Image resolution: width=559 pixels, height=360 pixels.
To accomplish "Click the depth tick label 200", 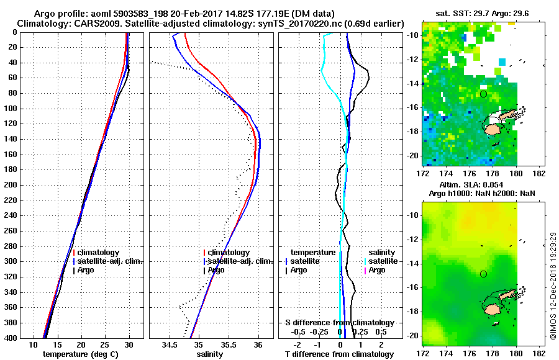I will tap(11, 185).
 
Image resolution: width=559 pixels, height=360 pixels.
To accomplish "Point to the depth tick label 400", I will tap(11, 338).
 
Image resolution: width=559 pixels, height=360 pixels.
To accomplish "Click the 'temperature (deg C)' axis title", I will tap(81, 354).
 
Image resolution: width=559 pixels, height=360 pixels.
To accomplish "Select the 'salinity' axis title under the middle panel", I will tap(211, 354).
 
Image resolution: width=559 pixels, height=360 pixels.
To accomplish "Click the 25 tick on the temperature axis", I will tap(105, 344).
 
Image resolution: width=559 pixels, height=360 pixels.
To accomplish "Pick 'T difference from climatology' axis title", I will tap(339, 354).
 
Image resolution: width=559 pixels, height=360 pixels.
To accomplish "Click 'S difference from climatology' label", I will tap(339, 323).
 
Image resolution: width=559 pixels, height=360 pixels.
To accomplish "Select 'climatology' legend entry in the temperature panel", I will tap(98, 253).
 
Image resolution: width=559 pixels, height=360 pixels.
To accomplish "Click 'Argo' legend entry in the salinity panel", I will tap(216, 270).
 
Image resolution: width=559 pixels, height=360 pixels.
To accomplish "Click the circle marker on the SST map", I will tap(483, 94).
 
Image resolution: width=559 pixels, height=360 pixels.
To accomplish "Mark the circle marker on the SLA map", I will tap(483, 274).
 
